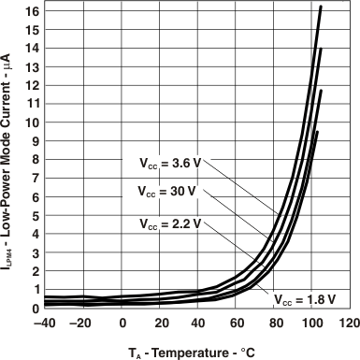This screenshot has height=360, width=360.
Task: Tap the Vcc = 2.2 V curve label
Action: [x=168, y=224]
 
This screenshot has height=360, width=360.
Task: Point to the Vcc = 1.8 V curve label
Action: [x=305, y=300]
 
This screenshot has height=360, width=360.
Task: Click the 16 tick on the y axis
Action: [x=30, y=11]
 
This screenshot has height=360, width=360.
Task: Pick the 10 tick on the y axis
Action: [x=30, y=122]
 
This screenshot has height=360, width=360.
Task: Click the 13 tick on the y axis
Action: [x=30, y=66]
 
